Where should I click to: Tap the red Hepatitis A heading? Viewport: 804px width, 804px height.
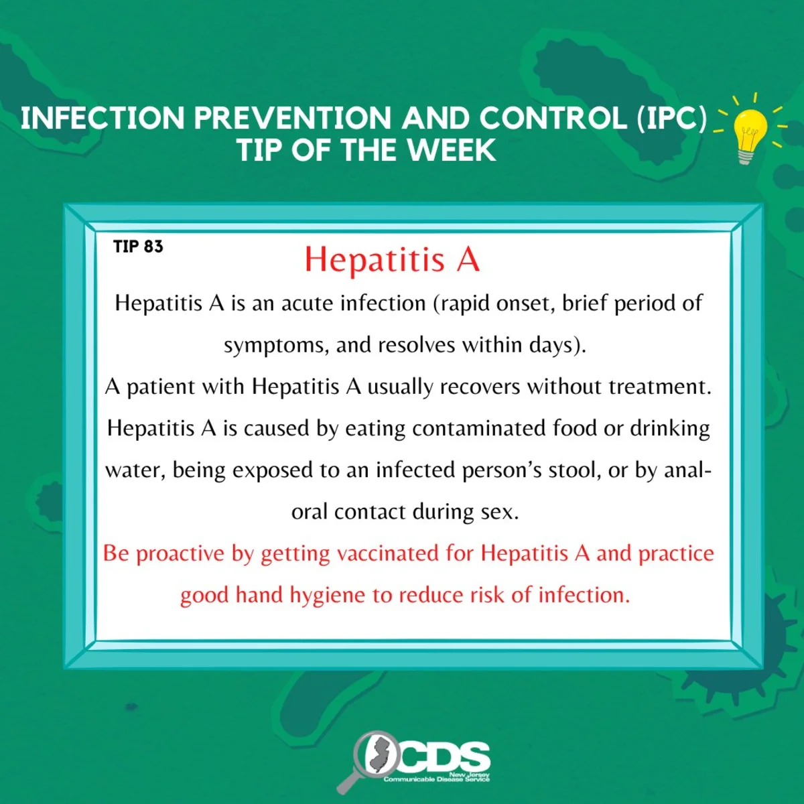click(x=392, y=259)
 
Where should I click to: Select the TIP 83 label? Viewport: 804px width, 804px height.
click(x=138, y=247)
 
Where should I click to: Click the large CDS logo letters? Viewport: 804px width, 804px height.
click(x=446, y=757)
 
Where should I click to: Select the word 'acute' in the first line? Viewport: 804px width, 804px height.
click(x=308, y=304)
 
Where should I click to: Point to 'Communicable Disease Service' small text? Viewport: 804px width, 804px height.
click(x=436, y=779)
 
